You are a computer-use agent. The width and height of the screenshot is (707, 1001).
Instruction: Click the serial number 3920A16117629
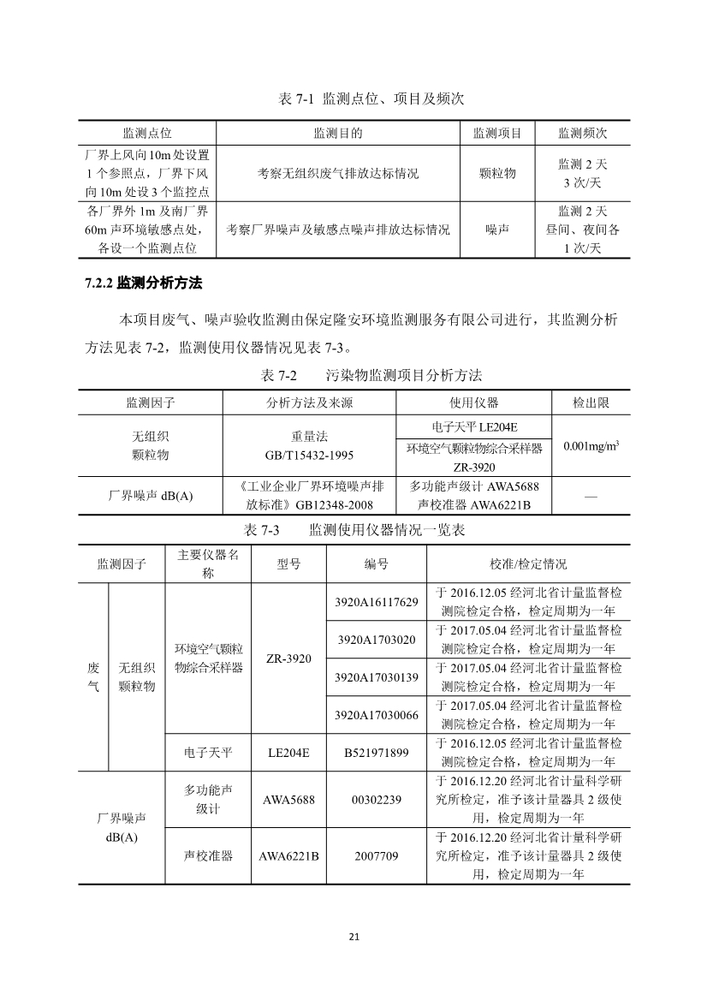click(x=376, y=602)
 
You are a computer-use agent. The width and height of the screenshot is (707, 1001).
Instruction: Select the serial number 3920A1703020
click(x=376, y=640)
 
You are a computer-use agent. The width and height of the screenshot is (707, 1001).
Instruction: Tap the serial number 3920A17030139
click(x=376, y=677)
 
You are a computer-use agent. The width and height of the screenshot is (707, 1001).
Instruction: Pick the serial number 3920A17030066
click(x=376, y=715)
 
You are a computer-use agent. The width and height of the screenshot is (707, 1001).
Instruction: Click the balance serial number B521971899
click(x=376, y=753)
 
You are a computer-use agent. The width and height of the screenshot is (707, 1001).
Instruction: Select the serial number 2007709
click(x=376, y=855)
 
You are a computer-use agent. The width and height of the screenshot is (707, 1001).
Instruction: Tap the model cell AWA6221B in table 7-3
click(x=288, y=855)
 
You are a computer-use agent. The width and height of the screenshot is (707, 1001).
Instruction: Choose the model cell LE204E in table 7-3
click(x=288, y=753)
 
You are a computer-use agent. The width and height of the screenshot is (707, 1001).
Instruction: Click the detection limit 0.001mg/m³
click(x=591, y=446)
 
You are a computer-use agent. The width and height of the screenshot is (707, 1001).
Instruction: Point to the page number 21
click(x=353, y=936)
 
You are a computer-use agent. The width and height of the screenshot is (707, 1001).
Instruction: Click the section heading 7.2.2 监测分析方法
click(x=143, y=283)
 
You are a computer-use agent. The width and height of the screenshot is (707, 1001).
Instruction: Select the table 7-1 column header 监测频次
click(x=583, y=134)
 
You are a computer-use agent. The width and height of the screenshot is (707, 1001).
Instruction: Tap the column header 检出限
click(x=591, y=402)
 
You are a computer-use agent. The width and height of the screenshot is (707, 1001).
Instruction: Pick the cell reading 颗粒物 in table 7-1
click(x=498, y=173)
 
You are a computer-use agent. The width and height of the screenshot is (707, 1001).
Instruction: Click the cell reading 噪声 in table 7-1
click(x=498, y=229)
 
